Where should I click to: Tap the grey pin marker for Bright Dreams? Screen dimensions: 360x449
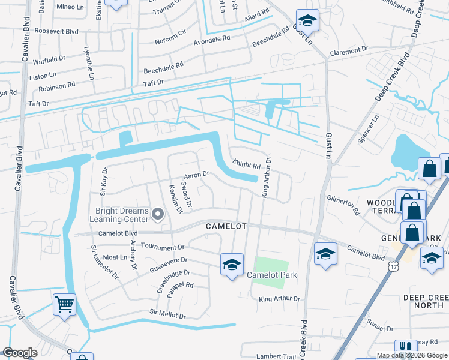tap(158, 214)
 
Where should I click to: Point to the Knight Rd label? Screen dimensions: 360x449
tap(246, 164)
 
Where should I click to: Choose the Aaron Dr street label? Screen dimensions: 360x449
tap(196, 175)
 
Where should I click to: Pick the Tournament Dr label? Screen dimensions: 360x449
tap(164, 247)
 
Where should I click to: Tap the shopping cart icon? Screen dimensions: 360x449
tap(65, 304)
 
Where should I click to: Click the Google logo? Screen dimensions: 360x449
tap(20, 353)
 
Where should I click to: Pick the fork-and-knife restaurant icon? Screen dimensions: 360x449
tap(405, 348)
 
